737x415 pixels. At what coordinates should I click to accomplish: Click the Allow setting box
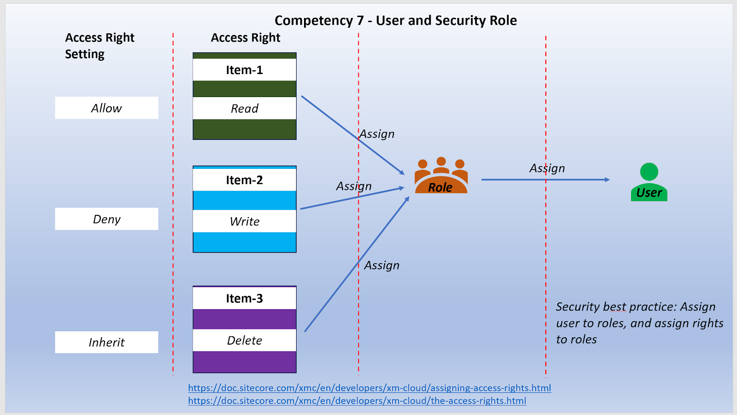point(106,108)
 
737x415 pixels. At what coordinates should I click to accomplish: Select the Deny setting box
point(106,219)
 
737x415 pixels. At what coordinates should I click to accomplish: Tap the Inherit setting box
point(106,342)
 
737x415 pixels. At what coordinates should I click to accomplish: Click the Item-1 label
point(244,70)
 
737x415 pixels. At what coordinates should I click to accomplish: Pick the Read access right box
point(244,109)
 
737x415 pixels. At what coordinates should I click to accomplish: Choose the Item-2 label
point(244,180)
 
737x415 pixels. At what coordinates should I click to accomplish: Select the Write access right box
point(244,221)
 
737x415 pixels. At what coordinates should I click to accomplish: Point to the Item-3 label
point(244,298)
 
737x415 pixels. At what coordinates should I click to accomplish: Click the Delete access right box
point(244,340)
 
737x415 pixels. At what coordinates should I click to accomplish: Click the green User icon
point(649,182)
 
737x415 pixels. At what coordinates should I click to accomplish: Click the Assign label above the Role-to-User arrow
point(547,168)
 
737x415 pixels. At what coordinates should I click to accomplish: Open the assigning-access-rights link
point(369,388)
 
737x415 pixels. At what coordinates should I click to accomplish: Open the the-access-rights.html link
point(357,401)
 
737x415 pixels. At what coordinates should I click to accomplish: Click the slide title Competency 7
point(395,21)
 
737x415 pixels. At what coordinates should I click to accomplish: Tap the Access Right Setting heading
point(99,46)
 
